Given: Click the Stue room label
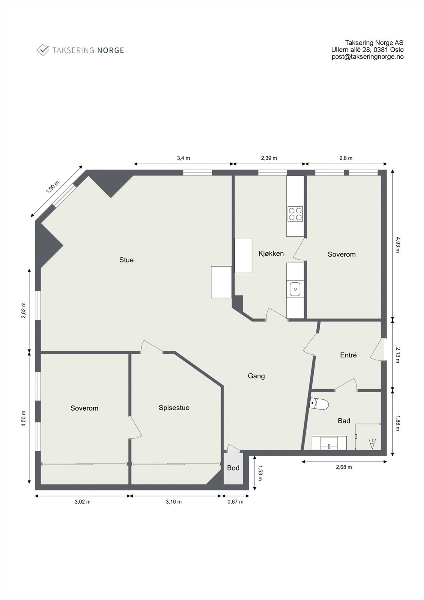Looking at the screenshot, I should tap(126, 260).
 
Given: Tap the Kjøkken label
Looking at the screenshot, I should tap(271, 253).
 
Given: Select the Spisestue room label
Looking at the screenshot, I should tap(174, 408).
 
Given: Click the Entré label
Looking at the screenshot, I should tap(348, 355).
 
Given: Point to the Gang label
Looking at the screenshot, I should tap(256, 376).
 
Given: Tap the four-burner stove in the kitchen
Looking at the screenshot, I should tap(295, 214).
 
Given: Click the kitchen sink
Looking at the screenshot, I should tap(295, 289).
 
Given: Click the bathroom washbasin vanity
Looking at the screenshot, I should tap(329, 443).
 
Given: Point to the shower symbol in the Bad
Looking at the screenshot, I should tap(372, 444).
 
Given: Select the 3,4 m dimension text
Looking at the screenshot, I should tap(183, 158).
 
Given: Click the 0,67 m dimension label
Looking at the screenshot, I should tap(235, 502).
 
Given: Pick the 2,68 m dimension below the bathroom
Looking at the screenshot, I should tap(344, 467).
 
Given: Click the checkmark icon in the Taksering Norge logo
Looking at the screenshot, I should tap(43, 50).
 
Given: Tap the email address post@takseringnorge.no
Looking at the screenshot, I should tap(367, 57).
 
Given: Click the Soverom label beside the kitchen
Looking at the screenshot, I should tap(342, 254).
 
